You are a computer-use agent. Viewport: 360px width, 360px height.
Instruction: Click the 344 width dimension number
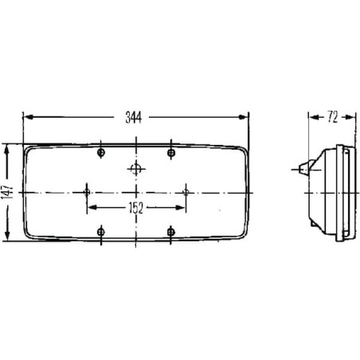(133, 117)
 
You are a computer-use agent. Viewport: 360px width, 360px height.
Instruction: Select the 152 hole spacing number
(136, 208)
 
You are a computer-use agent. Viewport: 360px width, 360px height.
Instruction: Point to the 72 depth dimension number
(332, 117)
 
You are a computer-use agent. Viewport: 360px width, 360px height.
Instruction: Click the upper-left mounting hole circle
(101, 153)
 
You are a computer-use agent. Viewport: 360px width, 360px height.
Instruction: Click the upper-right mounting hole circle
(171, 153)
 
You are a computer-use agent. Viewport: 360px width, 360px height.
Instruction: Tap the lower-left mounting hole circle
(101, 232)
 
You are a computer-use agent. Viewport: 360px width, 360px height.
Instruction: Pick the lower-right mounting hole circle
(171, 232)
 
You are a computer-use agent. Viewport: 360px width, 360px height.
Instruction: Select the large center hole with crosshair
(136, 169)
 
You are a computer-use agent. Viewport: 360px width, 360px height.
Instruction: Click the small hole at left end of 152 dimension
(87, 192)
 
